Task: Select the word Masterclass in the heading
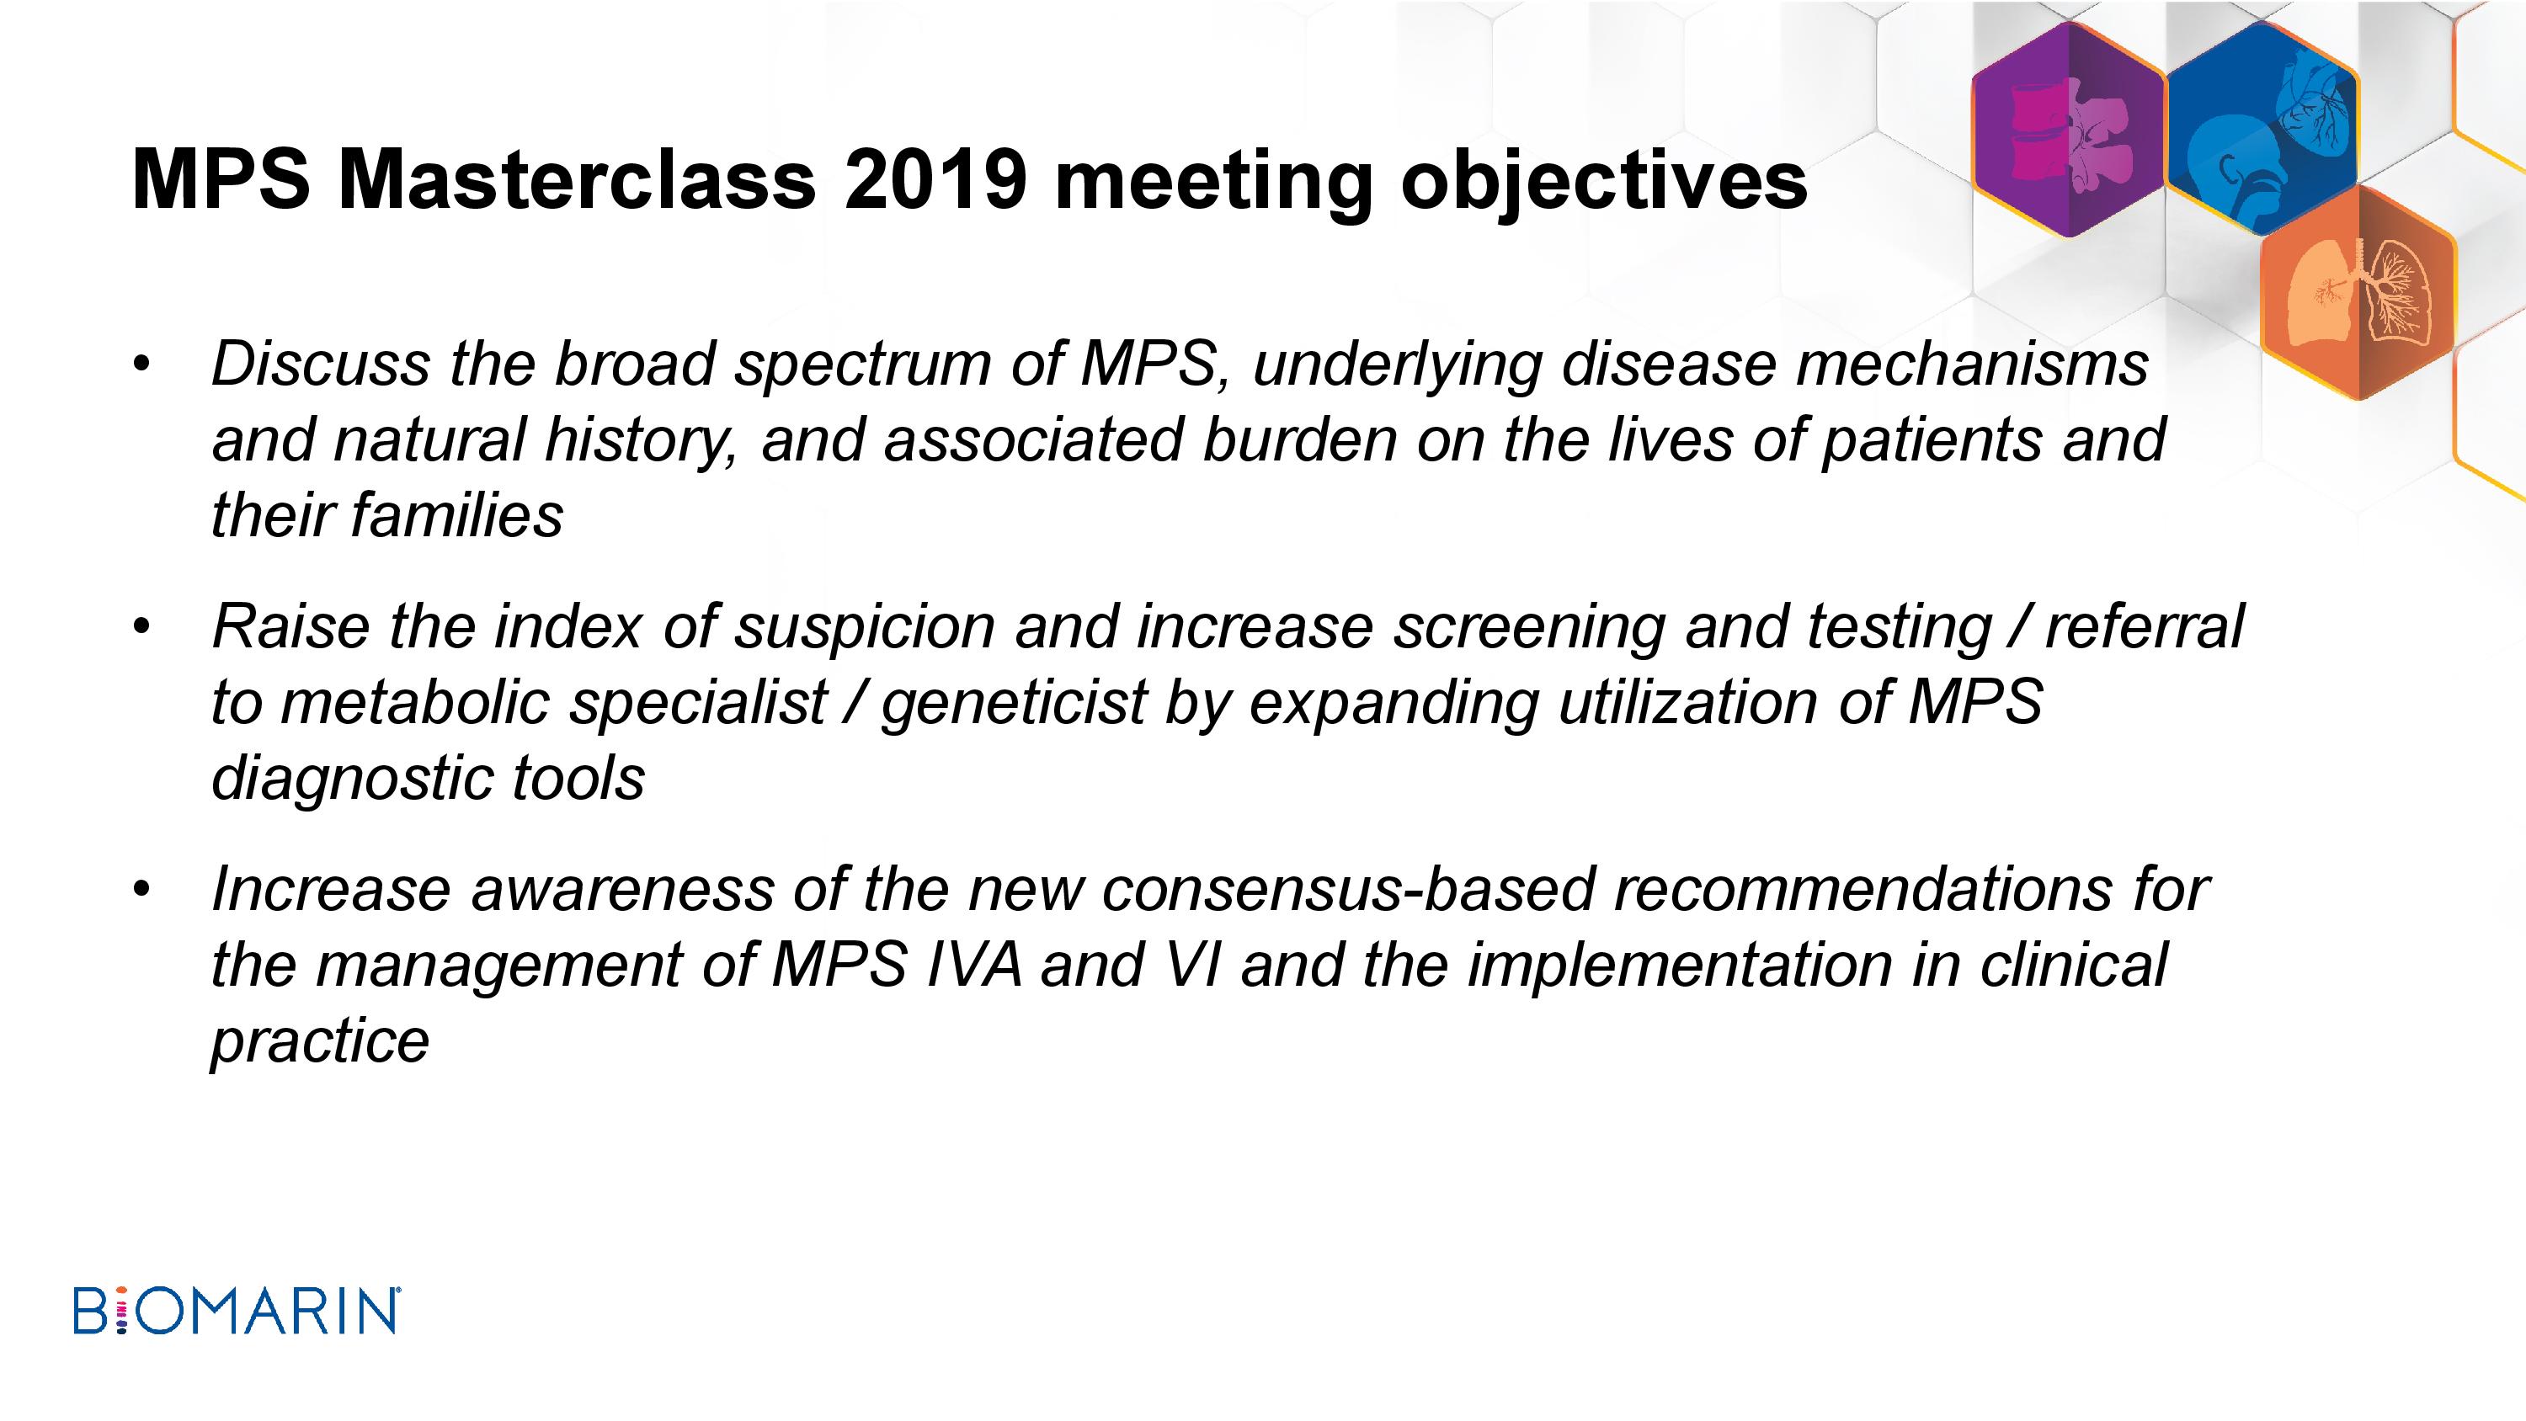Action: [577, 179]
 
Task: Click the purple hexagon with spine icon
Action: [2068, 130]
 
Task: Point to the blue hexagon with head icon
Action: [2262, 130]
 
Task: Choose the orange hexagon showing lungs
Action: [2359, 292]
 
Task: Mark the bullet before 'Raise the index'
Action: [143, 629]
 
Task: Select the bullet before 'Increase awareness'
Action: [143, 891]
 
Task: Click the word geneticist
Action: [1014, 703]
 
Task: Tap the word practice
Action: [320, 1042]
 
